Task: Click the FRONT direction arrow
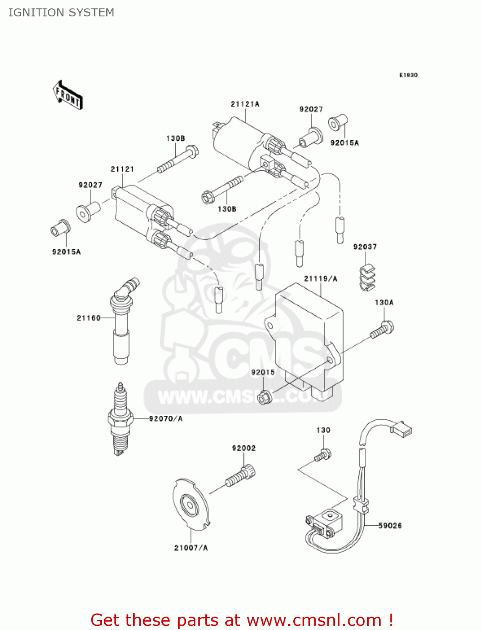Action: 67,95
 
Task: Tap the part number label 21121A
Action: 245,104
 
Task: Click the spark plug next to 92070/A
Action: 120,419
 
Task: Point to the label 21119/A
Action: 320,278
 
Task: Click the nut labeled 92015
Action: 264,396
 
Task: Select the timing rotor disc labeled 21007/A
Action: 191,504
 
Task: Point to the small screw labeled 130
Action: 323,455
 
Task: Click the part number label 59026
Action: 390,525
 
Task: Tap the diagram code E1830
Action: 408,75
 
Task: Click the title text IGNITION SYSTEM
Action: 61,13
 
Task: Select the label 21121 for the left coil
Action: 122,169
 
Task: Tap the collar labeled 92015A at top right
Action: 337,123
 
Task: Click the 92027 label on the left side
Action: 90,185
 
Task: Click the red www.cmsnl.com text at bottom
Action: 313,620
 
